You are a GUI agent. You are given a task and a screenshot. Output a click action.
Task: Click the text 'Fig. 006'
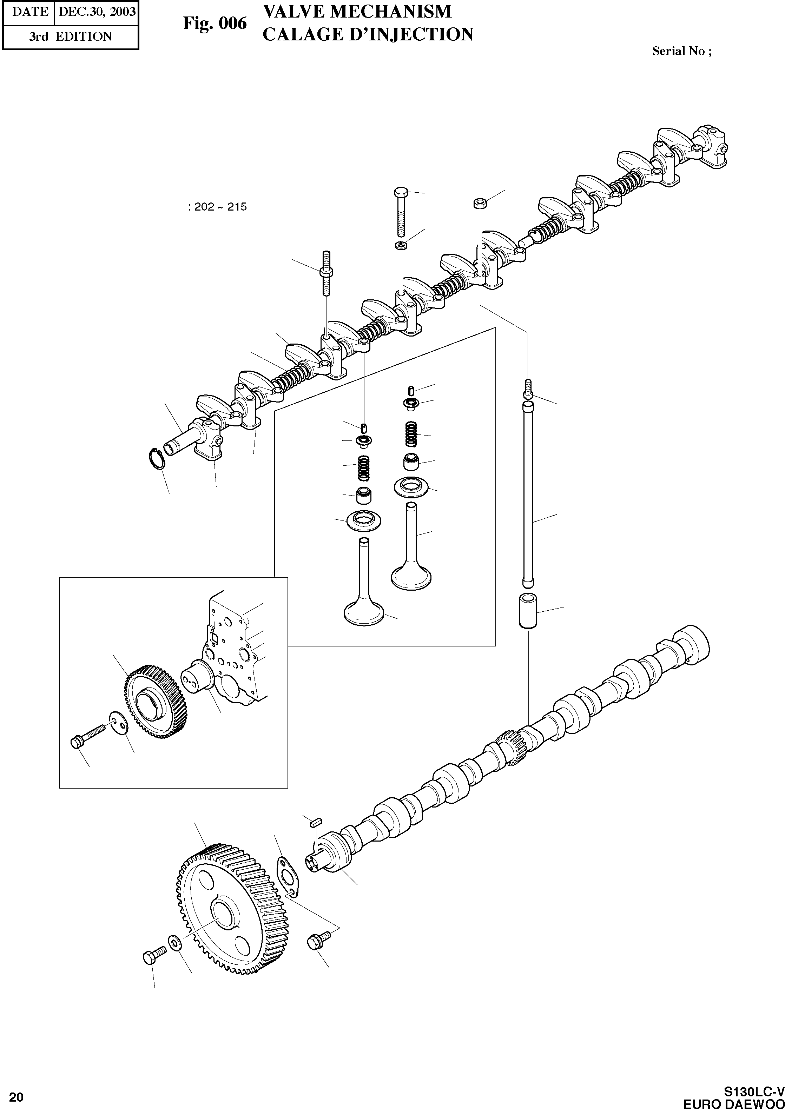(x=214, y=23)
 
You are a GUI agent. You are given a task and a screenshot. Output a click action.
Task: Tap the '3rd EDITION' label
(x=70, y=37)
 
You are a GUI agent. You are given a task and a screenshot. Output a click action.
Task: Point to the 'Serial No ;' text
(x=681, y=51)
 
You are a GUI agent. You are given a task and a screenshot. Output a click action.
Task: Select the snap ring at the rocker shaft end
(x=157, y=458)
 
